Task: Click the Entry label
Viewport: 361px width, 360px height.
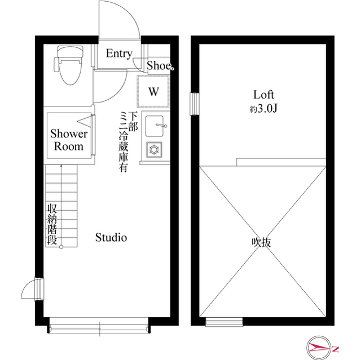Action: point(119,54)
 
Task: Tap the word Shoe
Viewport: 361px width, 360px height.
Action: point(159,65)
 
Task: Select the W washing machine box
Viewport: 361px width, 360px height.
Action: point(153,91)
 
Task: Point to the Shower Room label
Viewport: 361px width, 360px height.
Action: point(69,140)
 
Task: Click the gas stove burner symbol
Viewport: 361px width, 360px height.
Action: point(154,150)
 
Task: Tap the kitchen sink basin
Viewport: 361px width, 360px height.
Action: point(155,126)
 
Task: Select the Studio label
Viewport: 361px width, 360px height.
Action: point(111,237)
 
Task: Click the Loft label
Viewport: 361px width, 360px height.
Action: point(263,95)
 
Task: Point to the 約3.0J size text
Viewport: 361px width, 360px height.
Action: point(263,109)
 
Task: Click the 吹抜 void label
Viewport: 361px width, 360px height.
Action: point(262,242)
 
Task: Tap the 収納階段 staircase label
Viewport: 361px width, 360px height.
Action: point(52,224)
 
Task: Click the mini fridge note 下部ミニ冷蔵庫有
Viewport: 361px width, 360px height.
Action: point(128,141)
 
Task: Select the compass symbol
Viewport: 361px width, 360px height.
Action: point(319,348)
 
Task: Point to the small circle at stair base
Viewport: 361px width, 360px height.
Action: point(61,247)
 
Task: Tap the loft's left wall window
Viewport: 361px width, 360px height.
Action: point(195,104)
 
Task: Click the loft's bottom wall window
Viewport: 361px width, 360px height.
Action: point(224,322)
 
